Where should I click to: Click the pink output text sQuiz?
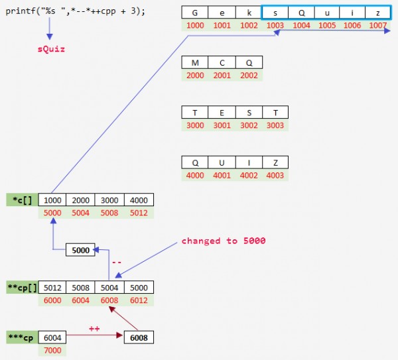tap(51, 49)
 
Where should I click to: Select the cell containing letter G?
tap(195, 13)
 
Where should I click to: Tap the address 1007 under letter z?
tap(377, 25)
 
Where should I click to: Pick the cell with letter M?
tap(195, 63)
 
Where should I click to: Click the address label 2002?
tap(249, 76)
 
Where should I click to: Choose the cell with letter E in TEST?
tap(222, 113)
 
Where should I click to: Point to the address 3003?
tap(275, 125)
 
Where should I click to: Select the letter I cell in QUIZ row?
tap(249, 162)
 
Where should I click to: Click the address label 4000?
tap(195, 175)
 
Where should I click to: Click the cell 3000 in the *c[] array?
tap(108, 200)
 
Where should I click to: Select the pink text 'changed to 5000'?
tap(223, 241)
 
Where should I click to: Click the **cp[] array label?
tap(21, 288)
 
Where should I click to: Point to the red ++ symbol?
tap(94, 328)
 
